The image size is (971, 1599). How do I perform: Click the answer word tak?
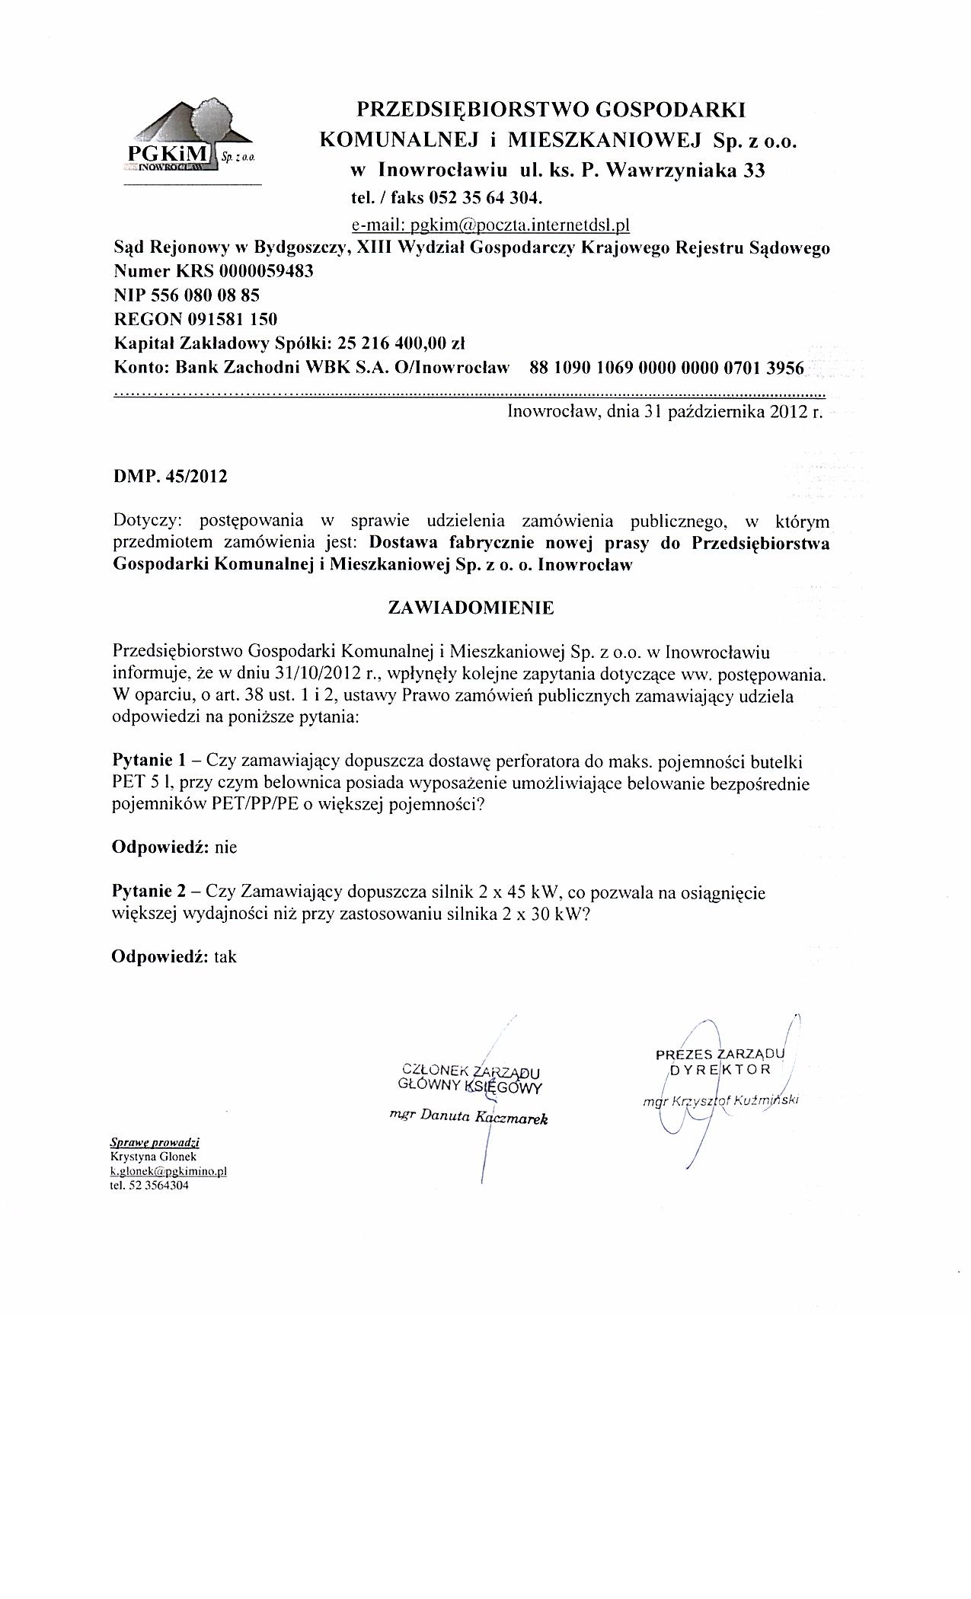225,956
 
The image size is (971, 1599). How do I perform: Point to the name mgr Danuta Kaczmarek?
468,1117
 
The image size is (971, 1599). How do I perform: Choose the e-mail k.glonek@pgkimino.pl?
169,1170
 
